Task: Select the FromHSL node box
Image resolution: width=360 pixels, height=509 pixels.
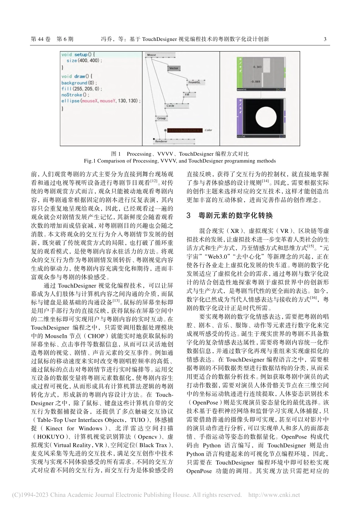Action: tap(194, 82)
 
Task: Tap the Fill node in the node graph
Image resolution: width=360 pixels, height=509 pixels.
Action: tap(187, 94)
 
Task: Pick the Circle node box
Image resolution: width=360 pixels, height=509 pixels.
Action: tap(171, 106)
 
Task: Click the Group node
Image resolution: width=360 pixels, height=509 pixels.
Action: tap(161, 118)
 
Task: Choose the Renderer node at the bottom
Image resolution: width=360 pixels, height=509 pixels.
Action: tap(161, 141)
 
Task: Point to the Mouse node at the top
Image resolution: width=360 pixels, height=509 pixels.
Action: tap(152, 55)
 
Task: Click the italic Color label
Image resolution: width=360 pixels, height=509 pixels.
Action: tap(208, 130)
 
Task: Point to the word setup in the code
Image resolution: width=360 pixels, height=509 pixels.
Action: tap(81, 55)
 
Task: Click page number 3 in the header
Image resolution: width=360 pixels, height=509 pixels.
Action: tap(325, 39)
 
